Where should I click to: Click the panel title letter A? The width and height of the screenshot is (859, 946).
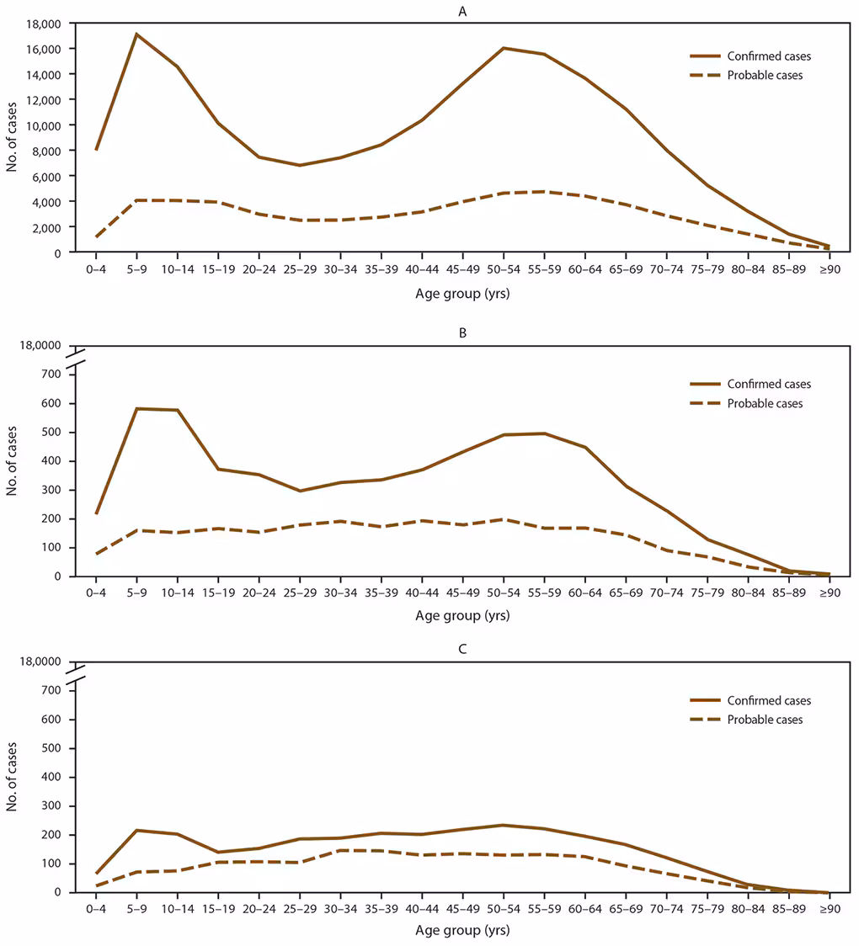462,12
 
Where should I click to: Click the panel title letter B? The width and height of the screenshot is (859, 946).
462,333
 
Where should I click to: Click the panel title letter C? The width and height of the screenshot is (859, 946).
462,650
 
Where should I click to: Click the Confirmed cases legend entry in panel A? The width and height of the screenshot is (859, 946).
750,56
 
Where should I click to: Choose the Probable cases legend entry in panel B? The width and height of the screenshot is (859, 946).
749,403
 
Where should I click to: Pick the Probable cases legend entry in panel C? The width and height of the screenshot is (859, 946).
749,720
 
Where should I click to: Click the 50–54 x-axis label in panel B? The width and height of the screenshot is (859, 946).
503,593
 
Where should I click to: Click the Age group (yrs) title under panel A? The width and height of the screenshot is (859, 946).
462,294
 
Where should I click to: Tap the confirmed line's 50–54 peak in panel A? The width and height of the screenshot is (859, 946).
503,48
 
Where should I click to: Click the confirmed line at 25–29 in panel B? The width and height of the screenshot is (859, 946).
299,491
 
